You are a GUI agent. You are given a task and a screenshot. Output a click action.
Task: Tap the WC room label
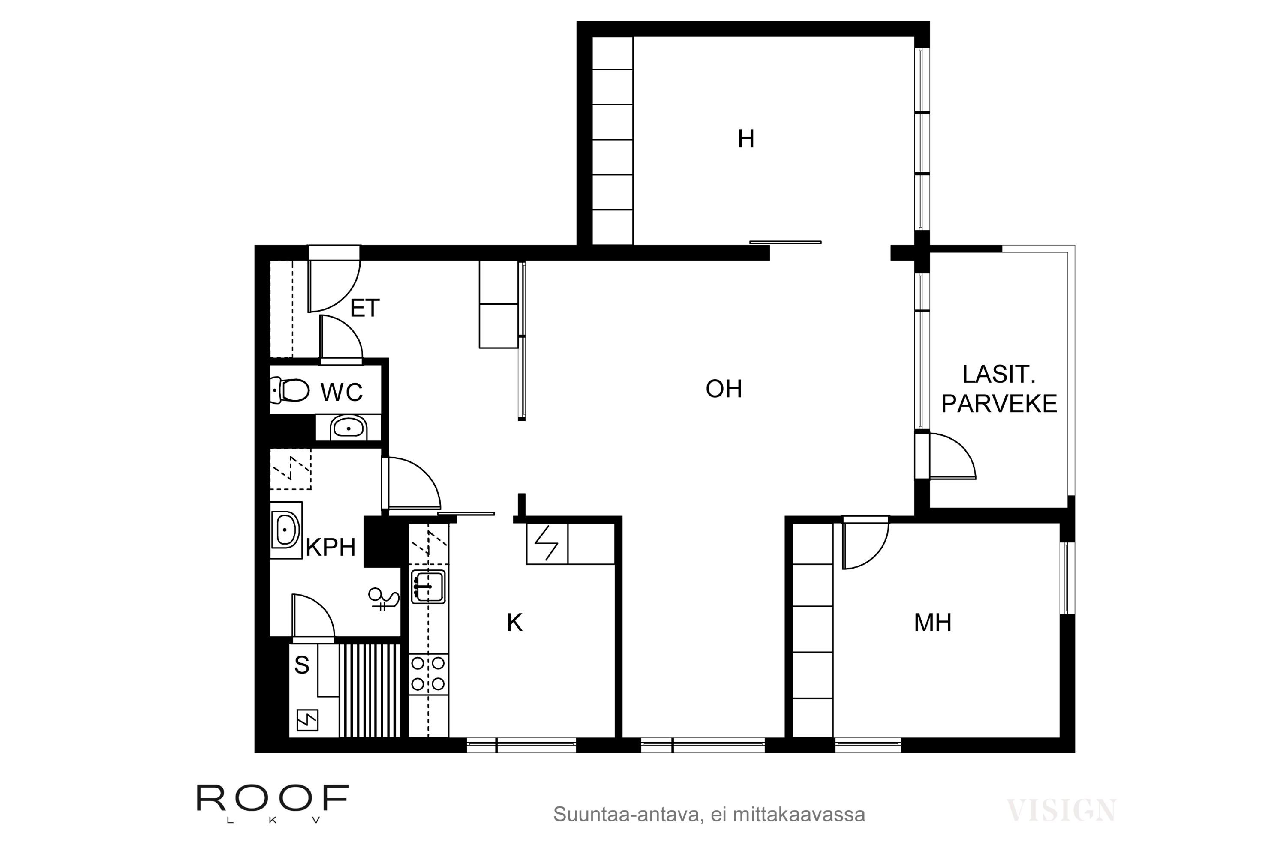[x=341, y=393]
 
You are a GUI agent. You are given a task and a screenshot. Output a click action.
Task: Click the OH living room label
[x=724, y=389]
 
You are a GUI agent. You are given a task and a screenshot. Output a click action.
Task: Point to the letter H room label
[x=746, y=139]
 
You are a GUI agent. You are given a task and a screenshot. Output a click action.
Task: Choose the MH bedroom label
[x=933, y=623]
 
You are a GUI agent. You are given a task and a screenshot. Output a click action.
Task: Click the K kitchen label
[x=514, y=623]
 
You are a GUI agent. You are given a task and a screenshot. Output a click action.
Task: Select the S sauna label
[x=302, y=665]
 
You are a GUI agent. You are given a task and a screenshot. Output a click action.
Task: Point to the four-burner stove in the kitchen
[x=428, y=674]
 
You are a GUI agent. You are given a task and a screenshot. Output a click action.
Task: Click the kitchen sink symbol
[x=428, y=587]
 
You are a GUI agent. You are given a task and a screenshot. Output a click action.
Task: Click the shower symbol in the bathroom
[x=383, y=599]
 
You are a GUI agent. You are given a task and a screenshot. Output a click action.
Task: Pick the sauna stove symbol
[x=307, y=720]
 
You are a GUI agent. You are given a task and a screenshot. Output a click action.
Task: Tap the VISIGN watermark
[x=1061, y=810]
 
